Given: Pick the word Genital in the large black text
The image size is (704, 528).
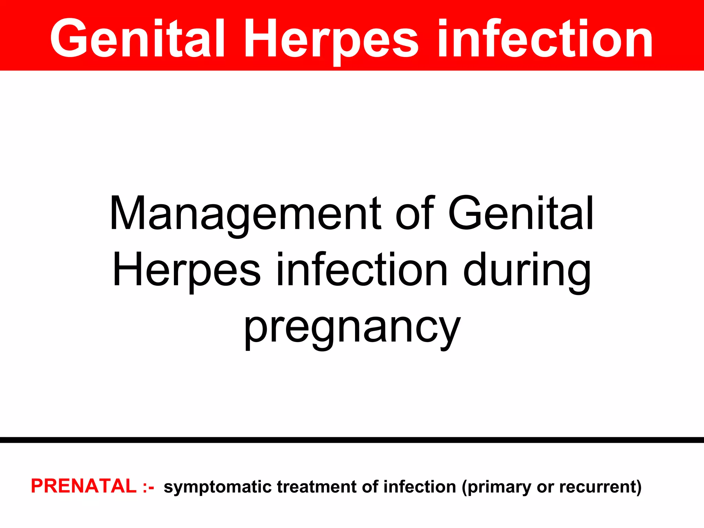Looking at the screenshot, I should coord(521,213).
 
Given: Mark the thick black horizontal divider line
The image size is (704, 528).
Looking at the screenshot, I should coord(352,440).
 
